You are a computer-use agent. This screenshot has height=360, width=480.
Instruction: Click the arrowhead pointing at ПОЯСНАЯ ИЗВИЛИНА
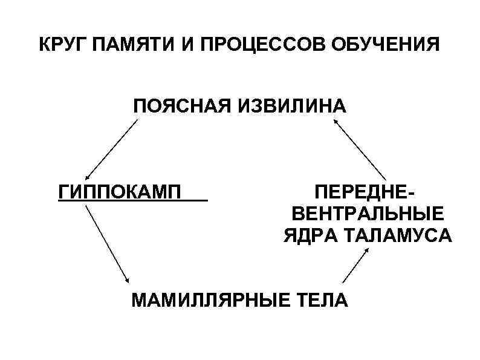(x=335, y=122)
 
